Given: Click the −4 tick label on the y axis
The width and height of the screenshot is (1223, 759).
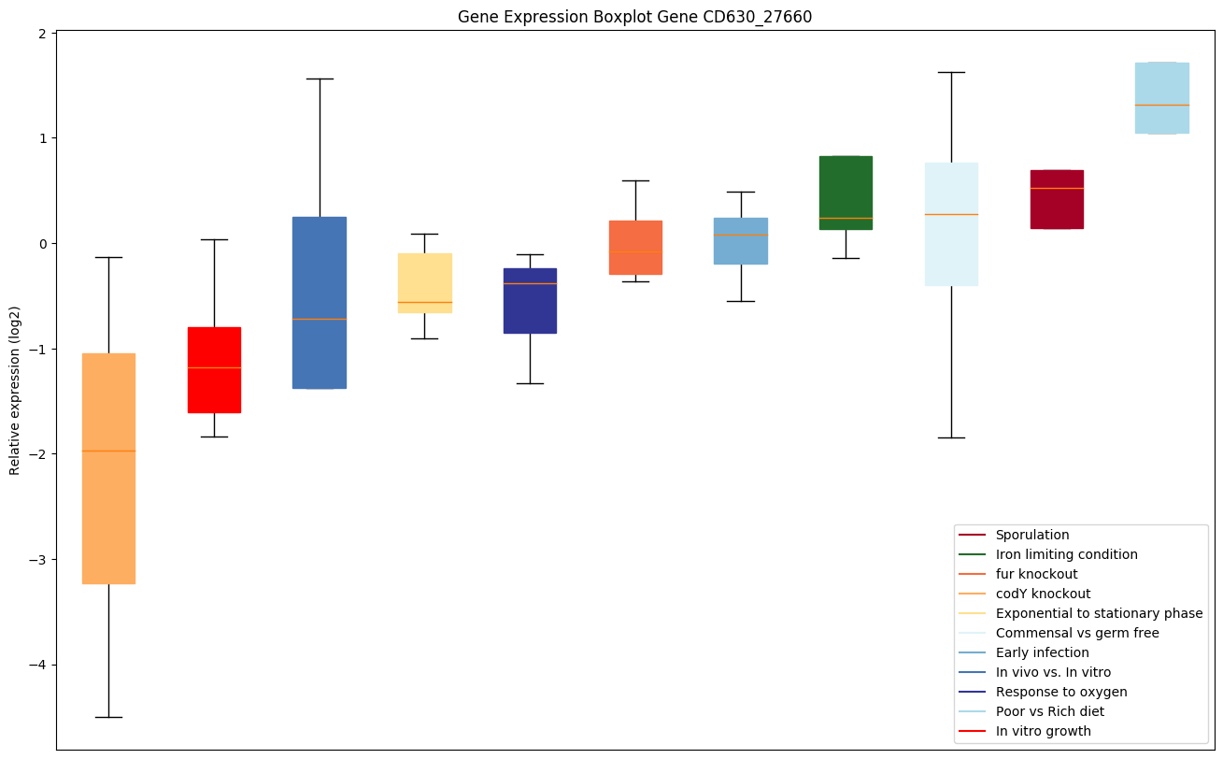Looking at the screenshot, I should pyautogui.click(x=37, y=666).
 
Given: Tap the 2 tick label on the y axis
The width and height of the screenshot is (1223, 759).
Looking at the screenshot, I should pyautogui.click(x=43, y=33).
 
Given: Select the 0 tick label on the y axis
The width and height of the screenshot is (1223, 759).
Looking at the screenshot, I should pyautogui.click(x=43, y=244).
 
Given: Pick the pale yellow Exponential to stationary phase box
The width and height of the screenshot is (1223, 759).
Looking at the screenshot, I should pyautogui.click(x=424, y=280).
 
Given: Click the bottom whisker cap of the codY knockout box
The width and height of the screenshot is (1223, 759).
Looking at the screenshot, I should pyautogui.click(x=108, y=717).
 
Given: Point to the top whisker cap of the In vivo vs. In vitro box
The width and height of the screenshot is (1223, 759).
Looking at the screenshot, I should pyautogui.click(x=320, y=79).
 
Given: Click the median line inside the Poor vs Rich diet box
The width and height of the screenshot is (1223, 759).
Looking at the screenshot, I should pyautogui.click(x=1161, y=105).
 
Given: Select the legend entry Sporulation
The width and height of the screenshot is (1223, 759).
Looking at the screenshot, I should pyautogui.click(x=1031, y=535).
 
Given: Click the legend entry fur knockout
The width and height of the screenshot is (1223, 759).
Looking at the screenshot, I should pyautogui.click(x=1036, y=574).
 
